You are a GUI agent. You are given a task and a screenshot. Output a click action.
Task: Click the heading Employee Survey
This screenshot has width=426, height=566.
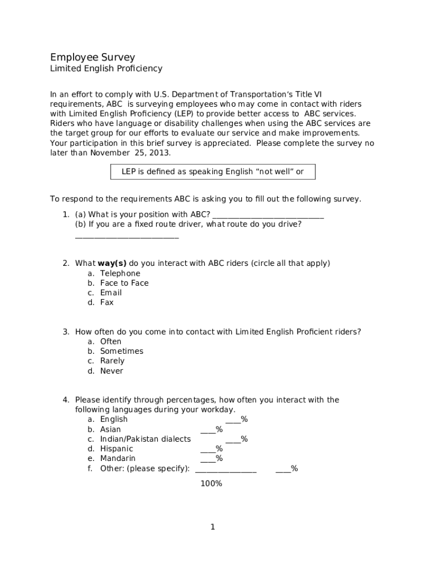point(92,57)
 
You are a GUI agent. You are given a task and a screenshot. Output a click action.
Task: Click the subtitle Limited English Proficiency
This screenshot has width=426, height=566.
point(106,69)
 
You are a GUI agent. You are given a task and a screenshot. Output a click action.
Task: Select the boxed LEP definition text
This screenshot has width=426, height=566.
point(213,172)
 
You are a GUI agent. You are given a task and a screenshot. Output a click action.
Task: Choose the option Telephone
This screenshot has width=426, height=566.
point(120,274)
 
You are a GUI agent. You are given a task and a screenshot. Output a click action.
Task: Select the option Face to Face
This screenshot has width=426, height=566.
point(124,283)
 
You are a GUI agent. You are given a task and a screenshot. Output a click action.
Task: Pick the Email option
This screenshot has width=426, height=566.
point(111,293)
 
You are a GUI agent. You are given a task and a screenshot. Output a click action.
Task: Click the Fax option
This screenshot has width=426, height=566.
point(107,303)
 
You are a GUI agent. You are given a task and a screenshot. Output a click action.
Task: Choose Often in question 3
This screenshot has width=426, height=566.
point(111,342)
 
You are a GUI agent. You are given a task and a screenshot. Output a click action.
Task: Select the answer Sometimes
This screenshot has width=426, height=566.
point(121,352)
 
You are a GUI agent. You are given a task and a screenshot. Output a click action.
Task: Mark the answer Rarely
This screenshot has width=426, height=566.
point(112,361)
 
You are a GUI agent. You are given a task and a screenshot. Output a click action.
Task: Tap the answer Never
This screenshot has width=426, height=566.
point(111,371)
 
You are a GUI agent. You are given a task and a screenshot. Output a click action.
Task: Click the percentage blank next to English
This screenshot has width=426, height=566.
point(233,421)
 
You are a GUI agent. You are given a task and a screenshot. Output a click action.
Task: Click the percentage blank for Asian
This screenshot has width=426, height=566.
point(208,431)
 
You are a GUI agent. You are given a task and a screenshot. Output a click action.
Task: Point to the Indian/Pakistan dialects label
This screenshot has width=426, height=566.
point(145,439)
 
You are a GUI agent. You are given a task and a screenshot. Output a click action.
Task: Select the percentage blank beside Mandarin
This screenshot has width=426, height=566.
point(208,460)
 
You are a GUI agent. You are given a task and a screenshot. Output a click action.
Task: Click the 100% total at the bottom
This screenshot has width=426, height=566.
point(211,484)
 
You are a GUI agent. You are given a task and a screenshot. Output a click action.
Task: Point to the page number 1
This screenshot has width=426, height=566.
point(212,527)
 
